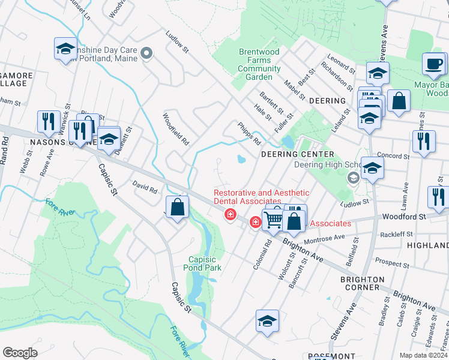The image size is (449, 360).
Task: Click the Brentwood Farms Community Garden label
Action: (259, 64)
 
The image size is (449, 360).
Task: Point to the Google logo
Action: (20, 353)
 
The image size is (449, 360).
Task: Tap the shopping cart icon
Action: (273, 221)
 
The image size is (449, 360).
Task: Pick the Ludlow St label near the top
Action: (177, 42)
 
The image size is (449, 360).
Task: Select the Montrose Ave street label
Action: (324, 238)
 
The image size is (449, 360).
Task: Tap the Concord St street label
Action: (393, 156)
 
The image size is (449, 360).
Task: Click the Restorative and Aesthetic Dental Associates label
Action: (262, 197)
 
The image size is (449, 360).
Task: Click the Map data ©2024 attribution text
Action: (423, 355)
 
